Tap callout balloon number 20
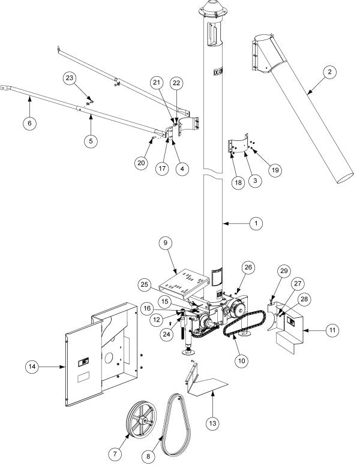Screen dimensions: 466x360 (x=142, y=162)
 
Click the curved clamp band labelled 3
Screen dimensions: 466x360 (x=244, y=146)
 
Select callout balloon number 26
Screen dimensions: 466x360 (x=248, y=267)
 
